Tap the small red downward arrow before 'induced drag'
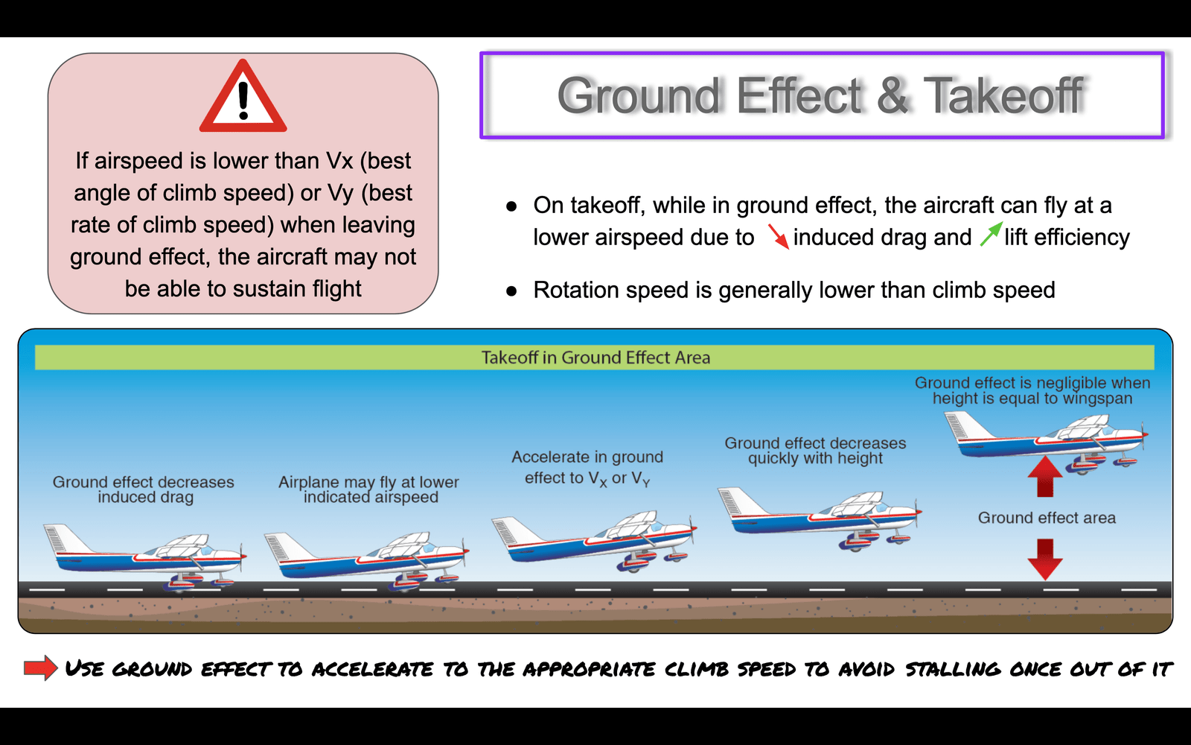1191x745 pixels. (x=778, y=236)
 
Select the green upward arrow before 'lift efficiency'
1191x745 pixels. (x=991, y=234)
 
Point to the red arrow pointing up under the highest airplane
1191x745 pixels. (x=1045, y=477)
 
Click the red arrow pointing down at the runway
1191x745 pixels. (x=1045, y=559)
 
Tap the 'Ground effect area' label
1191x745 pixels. (x=1047, y=518)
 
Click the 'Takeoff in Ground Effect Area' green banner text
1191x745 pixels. (x=595, y=358)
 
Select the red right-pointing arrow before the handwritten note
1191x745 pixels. (x=41, y=668)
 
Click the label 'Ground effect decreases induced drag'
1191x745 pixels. (x=144, y=489)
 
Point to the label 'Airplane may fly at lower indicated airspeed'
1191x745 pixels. (x=369, y=489)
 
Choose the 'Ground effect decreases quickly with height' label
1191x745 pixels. (x=815, y=451)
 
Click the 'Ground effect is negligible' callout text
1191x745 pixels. (x=1032, y=390)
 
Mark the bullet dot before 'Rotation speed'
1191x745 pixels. (x=511, y=291)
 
